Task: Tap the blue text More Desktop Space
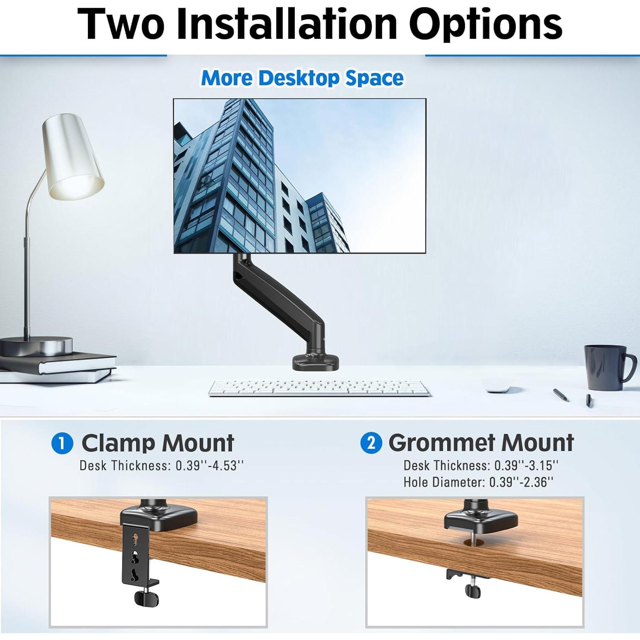(302, 78)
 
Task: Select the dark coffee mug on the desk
(605, 367)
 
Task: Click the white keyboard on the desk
(320, 388)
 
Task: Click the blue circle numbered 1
(62, 443)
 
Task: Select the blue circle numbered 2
(371, 443)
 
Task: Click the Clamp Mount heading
(157, 443)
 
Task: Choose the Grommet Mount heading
(481, 443)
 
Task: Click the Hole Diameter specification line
(478, 482)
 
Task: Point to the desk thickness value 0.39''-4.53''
(209, 465)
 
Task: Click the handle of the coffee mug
(629, 368)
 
